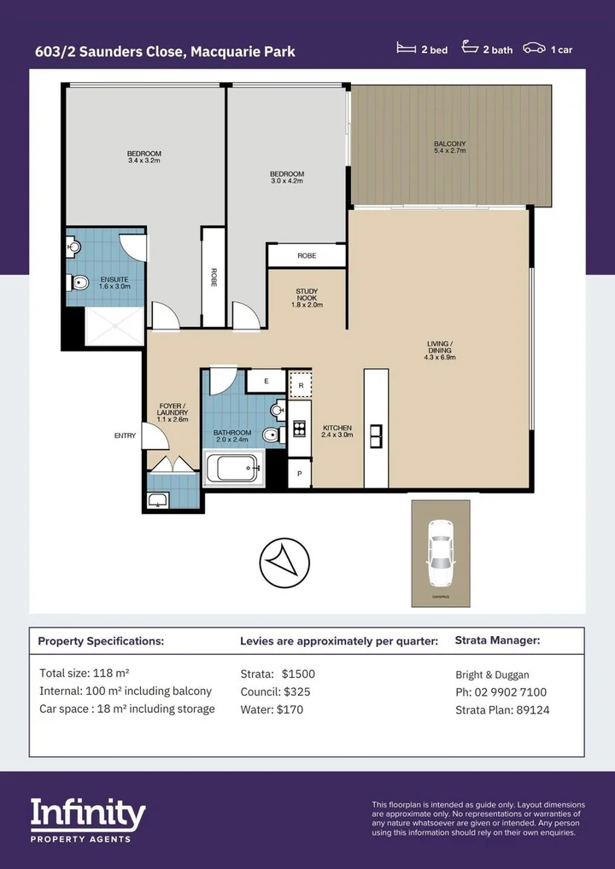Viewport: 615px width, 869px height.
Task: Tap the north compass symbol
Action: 284,562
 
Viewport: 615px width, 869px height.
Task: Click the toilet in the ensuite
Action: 79,283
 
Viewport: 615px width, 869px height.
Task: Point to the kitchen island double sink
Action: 376,436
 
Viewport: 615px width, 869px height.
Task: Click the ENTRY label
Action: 125,436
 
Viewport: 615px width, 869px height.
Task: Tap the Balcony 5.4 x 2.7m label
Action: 449,147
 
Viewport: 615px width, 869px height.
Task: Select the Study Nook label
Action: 307,298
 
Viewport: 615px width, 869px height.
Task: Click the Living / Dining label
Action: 440,351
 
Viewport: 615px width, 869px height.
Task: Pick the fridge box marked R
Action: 300,385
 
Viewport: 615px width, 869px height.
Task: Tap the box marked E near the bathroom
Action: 266,382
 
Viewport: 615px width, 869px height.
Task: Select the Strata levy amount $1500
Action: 298,674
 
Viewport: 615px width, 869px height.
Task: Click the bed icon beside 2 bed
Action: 407,50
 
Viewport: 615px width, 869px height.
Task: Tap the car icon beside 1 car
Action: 535,50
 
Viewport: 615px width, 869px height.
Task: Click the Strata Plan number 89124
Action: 529,709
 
